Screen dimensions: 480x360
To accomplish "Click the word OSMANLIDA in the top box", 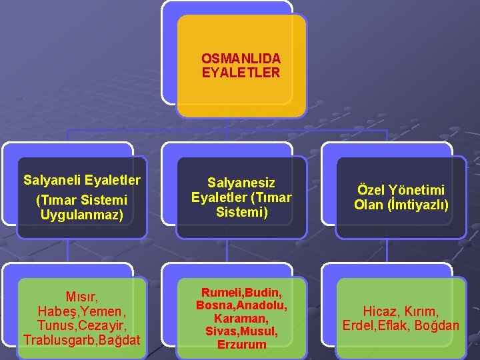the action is tap(241, 59).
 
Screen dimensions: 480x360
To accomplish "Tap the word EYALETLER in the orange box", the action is tap(241, 73).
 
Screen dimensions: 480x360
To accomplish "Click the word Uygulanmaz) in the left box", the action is tap(81, 215).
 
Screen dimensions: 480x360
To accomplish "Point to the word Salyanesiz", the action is tap(241, 183).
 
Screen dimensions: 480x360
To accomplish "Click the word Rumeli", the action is tap(221, 294).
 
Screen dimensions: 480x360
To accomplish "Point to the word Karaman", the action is tap(240, 319).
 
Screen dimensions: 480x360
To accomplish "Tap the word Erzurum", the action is tap(241, 345).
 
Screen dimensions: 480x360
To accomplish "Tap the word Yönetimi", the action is tap(419, 191).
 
